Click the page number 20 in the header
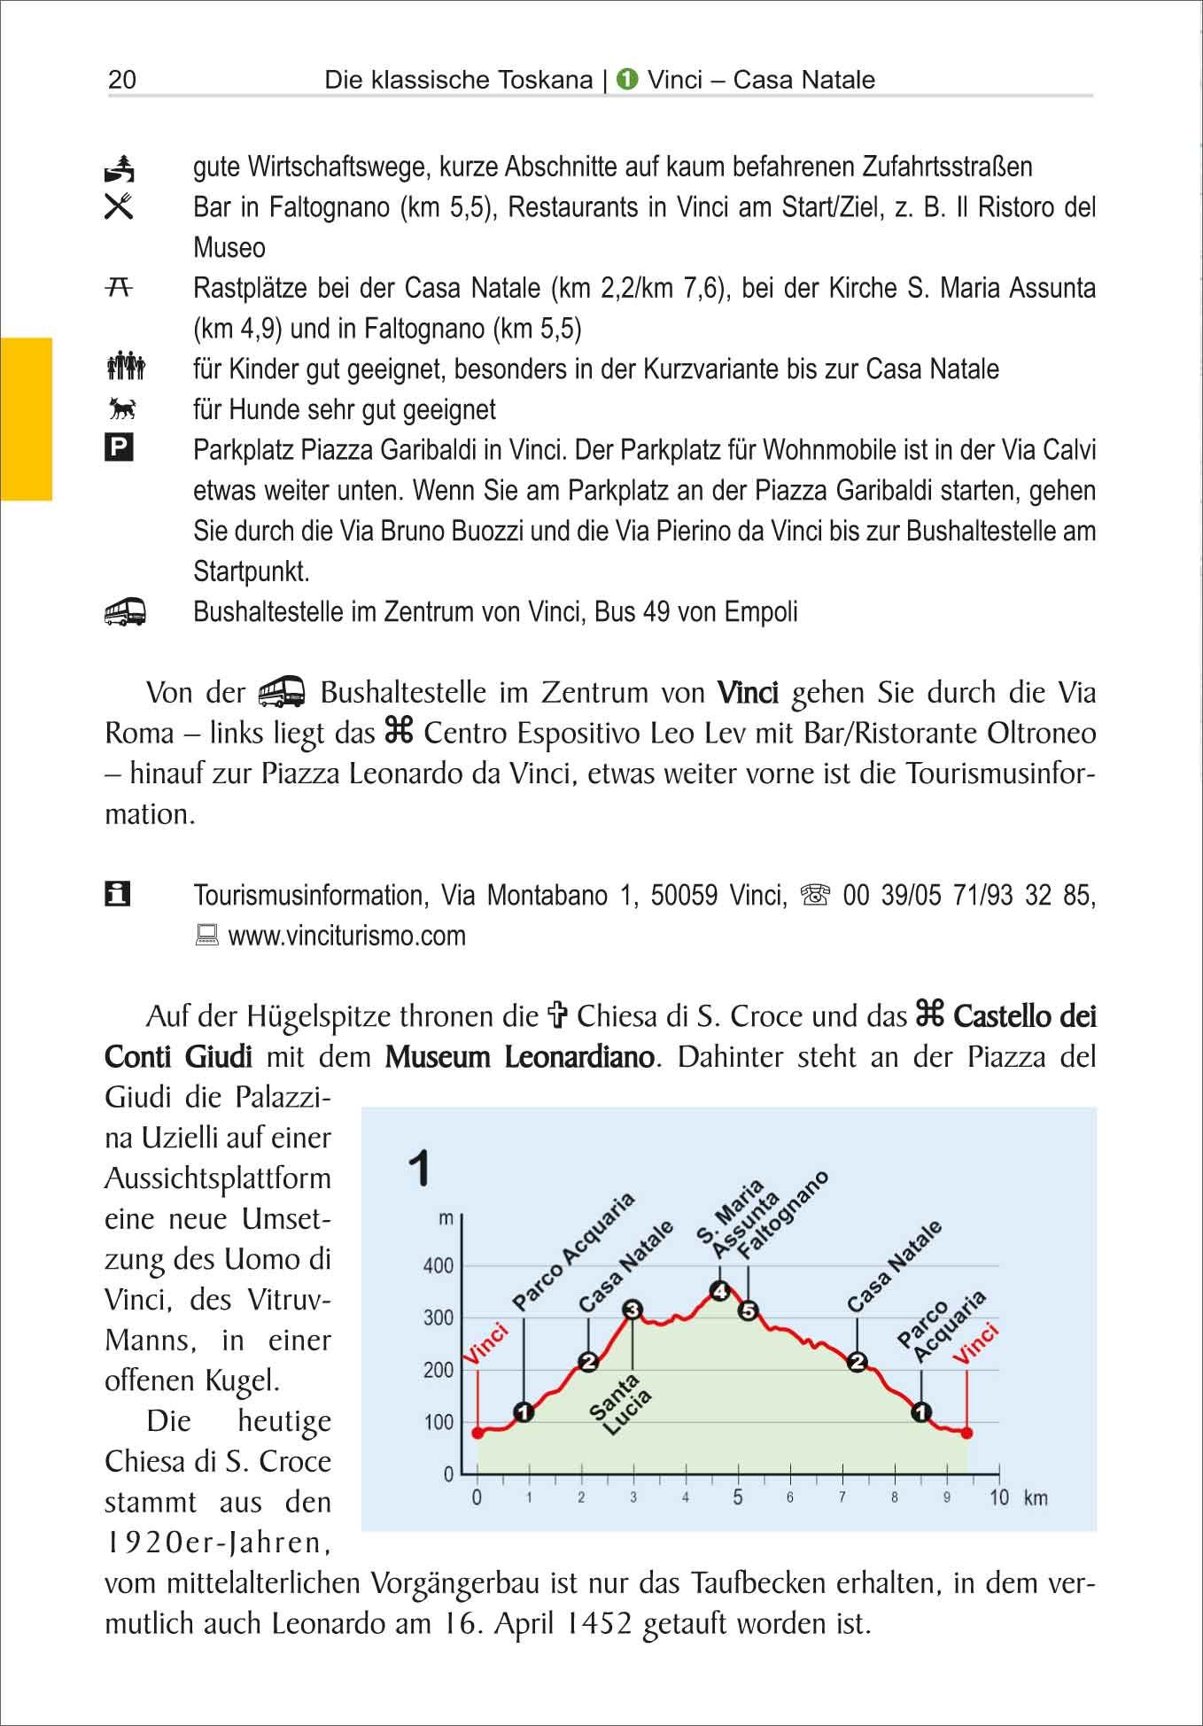click(x=122, y=80)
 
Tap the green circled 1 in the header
click(x=627, y=80)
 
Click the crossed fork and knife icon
click(x=119, y=206)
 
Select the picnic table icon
click(x=120, y=286)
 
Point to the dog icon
click(x=120, y=408)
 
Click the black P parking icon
click(x=119, y=448)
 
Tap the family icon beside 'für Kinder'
click(x=124, y=367)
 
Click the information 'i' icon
click(x=117, y=894)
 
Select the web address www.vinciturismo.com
click(x=346, y=936)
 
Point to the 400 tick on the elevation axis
click(x=439, y=1266)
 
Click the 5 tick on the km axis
click(x=738, y=1498)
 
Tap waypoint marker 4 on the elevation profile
click(x=721, y=1291)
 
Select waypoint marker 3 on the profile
click(x=633, y=1310)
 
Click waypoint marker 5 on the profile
click(x=749, y=1310)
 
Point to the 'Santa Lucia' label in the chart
click(x=621, y=1404)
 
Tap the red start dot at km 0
click(x=477, y=1432)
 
